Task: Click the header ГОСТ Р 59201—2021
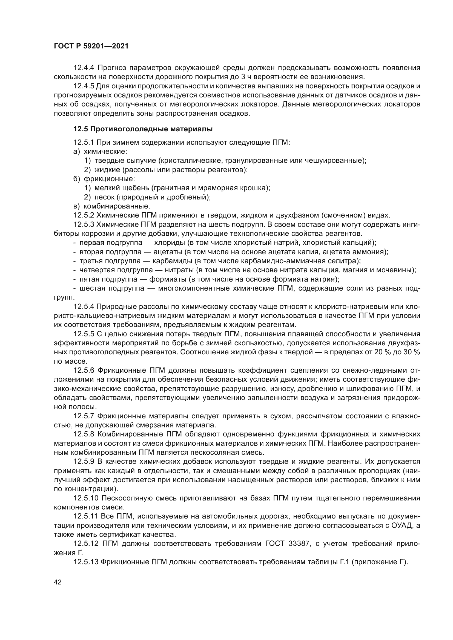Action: tap(91, 46)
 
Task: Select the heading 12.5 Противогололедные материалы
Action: tap(143, 129)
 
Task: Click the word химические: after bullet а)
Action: tap(105, 152)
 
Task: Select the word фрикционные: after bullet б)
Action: tap(109, 179)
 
